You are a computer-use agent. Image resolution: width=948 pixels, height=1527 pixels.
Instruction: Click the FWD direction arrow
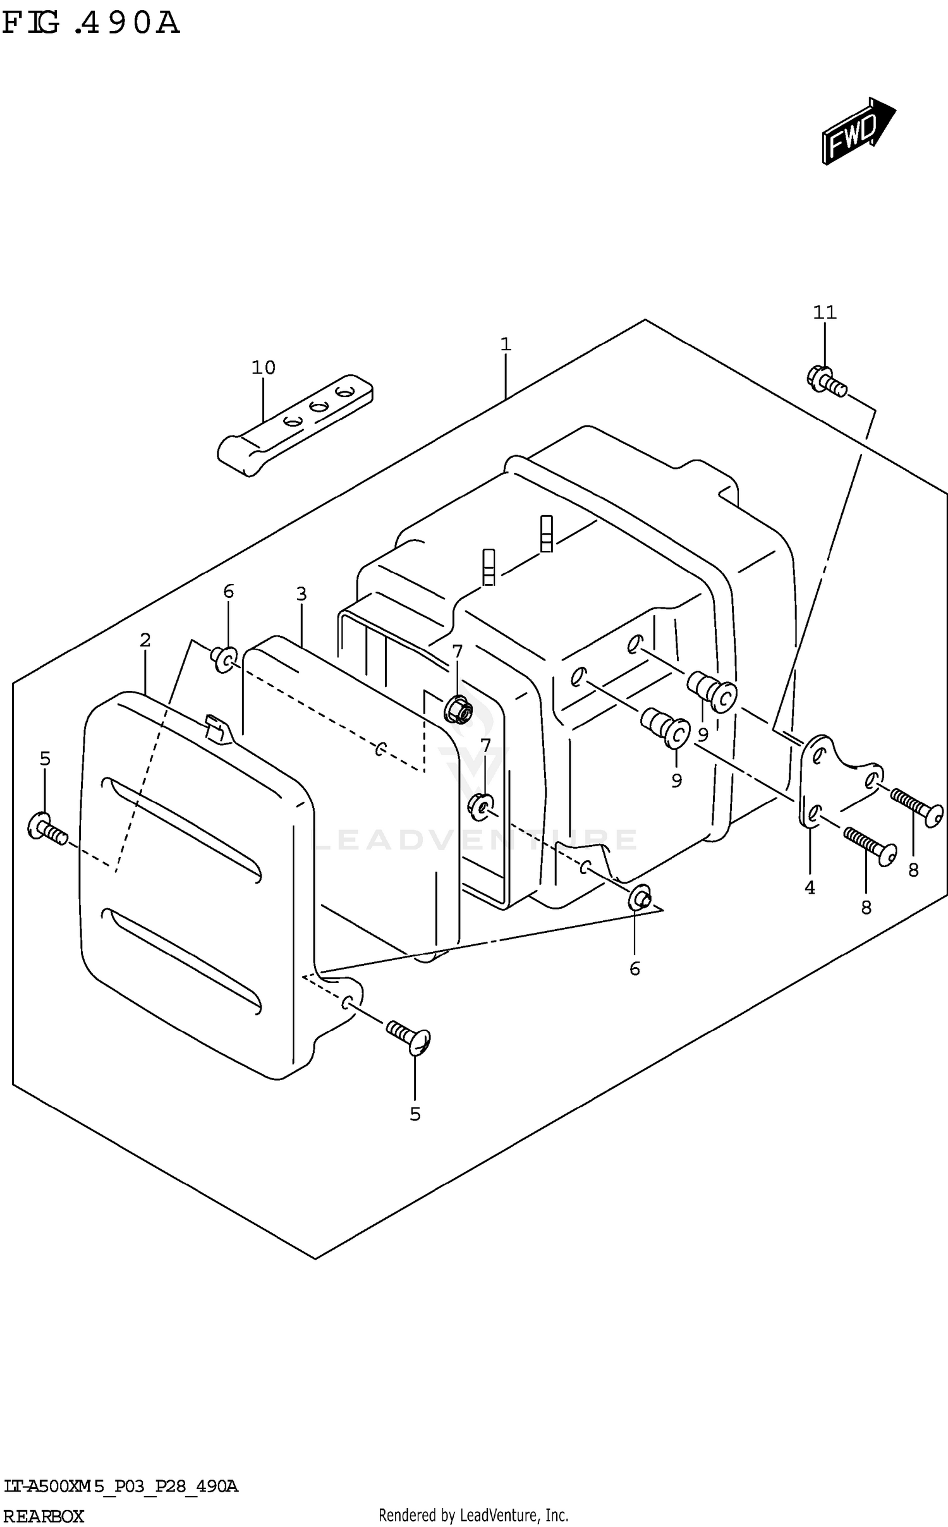pyautogui.click(x=857, y=132)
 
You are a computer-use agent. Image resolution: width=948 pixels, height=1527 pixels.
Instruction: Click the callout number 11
pyautogui.click(x=824, y=312)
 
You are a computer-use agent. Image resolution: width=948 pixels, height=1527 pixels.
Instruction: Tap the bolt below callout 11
pyautogui.click(x=826, y=381)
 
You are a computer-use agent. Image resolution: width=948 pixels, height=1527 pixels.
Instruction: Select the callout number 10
pyautogui.click(x=264, y=367)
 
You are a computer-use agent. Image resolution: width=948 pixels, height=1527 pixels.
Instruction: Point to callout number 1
pyautogui.click(x=505, y=344)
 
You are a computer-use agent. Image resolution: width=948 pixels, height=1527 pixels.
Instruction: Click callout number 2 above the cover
pyautogui.click(x=145, y=640)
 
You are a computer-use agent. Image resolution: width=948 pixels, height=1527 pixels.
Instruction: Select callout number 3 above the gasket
pyautogui.click(x=301, y=594)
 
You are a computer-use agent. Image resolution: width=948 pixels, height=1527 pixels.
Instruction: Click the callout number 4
pyautogui.click(x=810, y=888)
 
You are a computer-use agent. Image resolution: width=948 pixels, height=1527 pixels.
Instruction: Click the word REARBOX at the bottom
pyautogui.click(x=43, y=1516)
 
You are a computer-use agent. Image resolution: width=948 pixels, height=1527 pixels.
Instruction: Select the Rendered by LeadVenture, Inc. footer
pyautogui.click(x=473, y=1515)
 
